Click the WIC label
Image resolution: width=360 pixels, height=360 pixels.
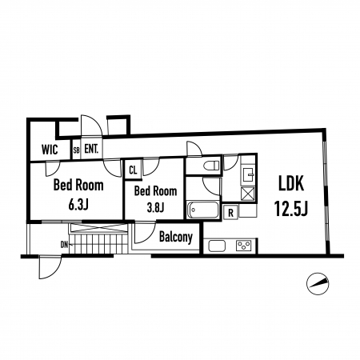tap(50, 150)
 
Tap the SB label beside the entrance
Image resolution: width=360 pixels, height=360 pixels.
tap(76, 150)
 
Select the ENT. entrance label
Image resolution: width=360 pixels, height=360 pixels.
tap(91, 149)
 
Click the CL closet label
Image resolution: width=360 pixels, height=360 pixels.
tap(133, 170)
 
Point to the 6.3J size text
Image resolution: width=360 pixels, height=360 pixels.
tap(78, 205)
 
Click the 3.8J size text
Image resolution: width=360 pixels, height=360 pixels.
tap(155, 207)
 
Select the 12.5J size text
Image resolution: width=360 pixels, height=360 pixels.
tap(291, 209)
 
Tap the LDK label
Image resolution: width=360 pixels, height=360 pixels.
tap(291, 183)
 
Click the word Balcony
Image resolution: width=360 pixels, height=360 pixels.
tap(176, 237)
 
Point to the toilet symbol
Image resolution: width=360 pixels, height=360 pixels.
tap(211, 166)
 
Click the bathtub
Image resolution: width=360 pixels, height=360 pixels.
tap(203, 210)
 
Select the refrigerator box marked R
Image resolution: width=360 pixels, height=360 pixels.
tap(230, 213)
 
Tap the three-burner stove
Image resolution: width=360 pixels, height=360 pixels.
tap(244, 246)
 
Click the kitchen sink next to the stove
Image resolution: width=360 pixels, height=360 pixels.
tap(217, 246)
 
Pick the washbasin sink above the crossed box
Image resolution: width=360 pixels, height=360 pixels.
tap(248, 175)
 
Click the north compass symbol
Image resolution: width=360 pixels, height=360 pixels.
tap(318, 283)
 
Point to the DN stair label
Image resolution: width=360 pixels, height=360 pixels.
tap(64, 245)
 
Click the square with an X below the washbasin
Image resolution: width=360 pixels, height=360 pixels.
tap(248, 194)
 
